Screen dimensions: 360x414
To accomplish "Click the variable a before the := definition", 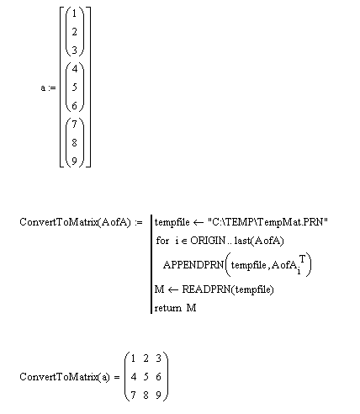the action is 43,88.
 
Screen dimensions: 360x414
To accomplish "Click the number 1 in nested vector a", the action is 74,13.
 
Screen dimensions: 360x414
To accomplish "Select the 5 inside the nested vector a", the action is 74,88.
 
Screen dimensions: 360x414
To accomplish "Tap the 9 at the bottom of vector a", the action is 74,161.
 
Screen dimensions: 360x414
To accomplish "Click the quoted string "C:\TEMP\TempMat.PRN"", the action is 267,222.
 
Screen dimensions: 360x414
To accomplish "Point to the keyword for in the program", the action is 162,241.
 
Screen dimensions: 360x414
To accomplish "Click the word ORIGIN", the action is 208,241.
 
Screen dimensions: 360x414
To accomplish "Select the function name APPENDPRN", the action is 193,265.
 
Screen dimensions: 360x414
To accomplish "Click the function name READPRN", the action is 206,289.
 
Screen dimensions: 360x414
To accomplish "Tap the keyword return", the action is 168,308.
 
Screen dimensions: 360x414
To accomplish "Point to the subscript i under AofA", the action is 299,271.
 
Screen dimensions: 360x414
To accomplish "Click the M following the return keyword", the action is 191,308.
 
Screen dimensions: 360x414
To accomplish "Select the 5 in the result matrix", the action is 146,377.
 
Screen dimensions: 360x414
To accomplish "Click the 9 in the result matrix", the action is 158,395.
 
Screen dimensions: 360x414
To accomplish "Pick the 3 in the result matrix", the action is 158,358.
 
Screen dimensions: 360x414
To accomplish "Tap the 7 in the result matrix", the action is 133,395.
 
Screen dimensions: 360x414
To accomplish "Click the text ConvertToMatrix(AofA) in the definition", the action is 75,222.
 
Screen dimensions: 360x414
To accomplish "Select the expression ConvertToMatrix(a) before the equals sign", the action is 65,377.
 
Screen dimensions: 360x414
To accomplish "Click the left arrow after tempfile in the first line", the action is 199,223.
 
